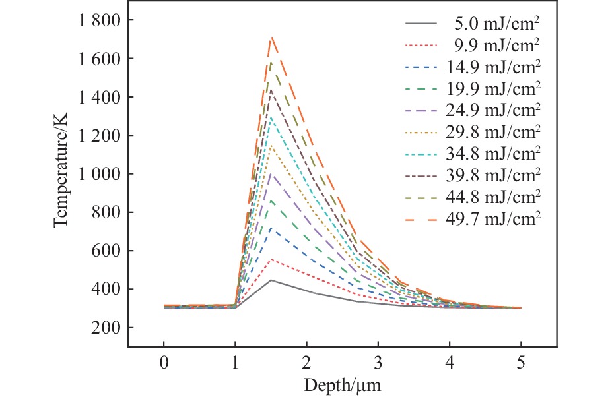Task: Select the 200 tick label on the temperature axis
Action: coord(106,328)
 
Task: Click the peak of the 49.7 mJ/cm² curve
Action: coord(271,38)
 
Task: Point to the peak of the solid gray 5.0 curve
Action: coord(271,280)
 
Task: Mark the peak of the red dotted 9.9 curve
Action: coord(271,259)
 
